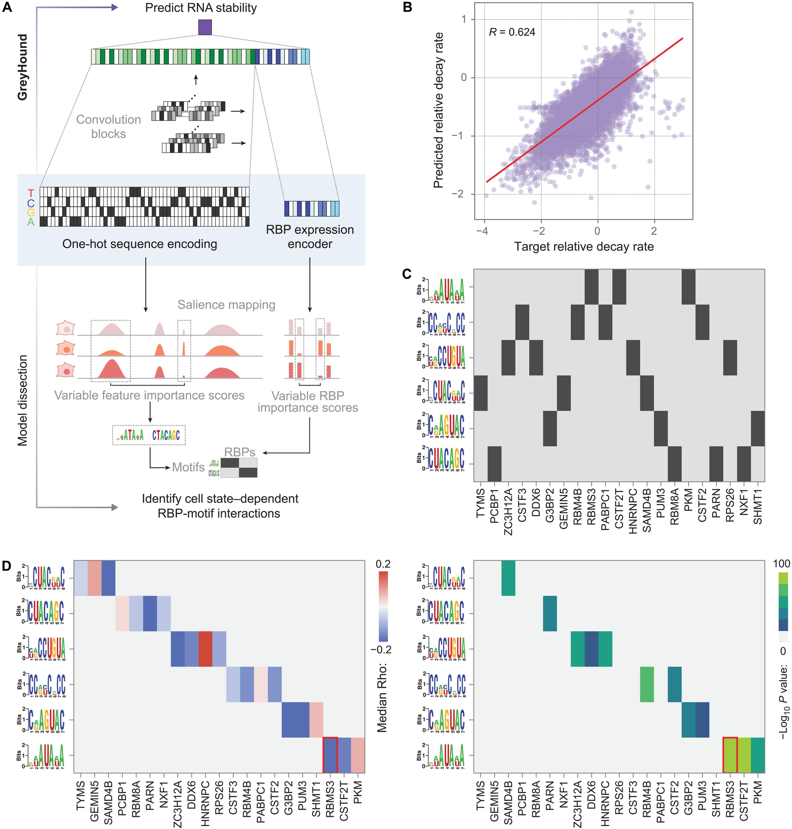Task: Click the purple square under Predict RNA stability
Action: [205, 27]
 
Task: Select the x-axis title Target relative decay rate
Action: [584, 246]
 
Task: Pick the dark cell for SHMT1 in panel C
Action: [758, 429]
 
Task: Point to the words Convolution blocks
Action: [108, 127]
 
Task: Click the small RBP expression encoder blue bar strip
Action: [312, 208]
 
